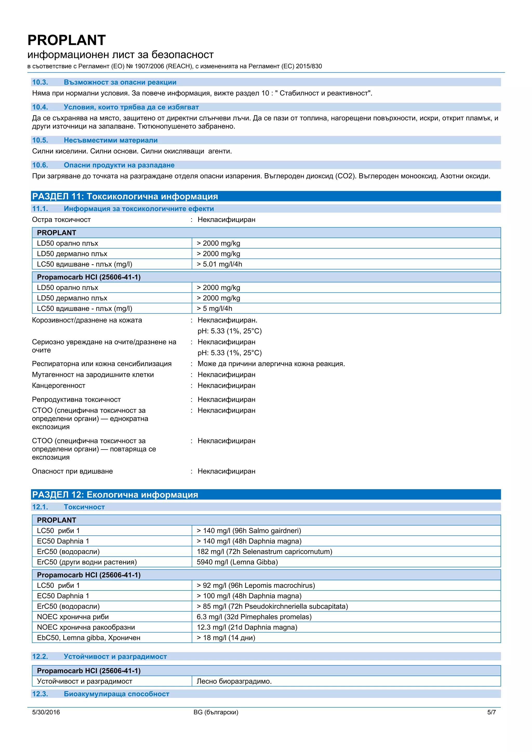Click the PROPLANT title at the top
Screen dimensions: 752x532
coord(66,40)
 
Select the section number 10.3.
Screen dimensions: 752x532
coord(40,82)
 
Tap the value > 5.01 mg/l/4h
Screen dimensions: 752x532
coord(219,264)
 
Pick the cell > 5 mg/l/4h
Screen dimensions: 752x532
coord(214,308)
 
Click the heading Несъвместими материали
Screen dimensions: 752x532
coord(110,140)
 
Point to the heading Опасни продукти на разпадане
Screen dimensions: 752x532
coord(119,165)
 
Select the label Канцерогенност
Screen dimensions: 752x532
coord(59,386)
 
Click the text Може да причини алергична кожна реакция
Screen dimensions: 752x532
coord(271,364)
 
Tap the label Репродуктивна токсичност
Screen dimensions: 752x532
coord(76,399)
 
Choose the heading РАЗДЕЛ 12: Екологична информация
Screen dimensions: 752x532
coord(115,495)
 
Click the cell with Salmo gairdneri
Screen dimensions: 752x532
coord(249,531)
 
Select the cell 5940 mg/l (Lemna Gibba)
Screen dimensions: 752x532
coord(237,562)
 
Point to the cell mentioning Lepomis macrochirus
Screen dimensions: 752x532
coord(256,585)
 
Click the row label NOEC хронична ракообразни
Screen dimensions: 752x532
coord(86,627)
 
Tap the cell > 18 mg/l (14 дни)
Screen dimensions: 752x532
coord(226,638)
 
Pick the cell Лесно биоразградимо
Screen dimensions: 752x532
coord(234,681)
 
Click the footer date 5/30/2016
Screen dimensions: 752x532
coord(46,712)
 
